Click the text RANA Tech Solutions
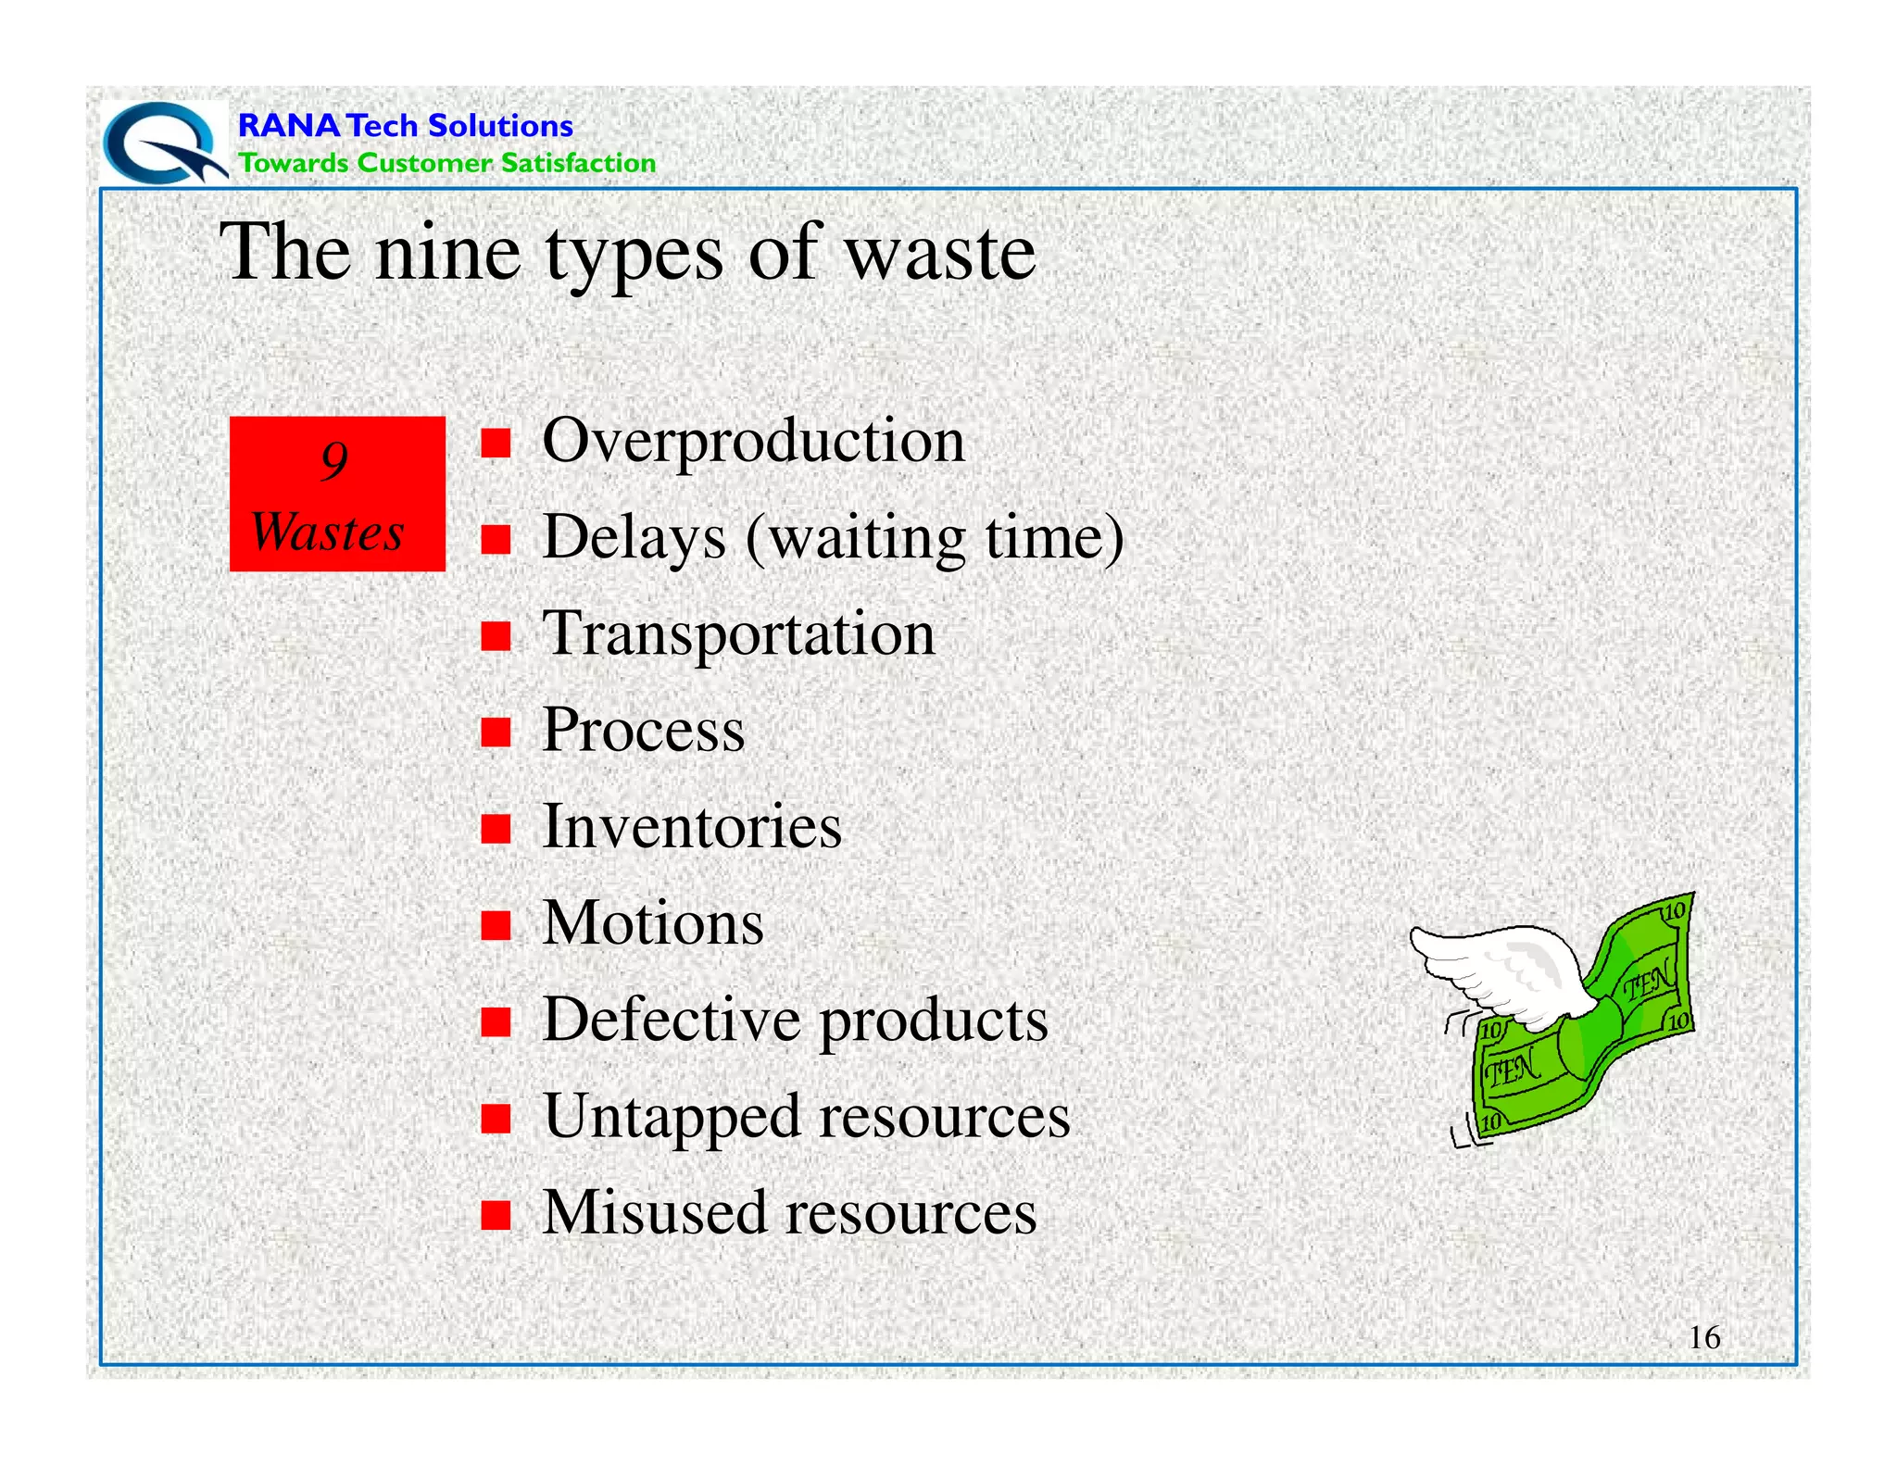point(405,125)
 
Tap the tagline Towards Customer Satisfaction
point(446,163)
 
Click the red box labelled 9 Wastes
point(337,494)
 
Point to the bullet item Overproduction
point(753,441)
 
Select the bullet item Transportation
point(738,634)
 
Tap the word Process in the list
point(643,731)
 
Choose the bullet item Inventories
point(691,826)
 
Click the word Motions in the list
point(653,923)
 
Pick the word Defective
point(672,1020)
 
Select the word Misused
point(654,1212)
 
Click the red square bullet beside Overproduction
point(496,444)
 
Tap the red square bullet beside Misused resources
point(496,1214)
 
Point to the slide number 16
point(1704,1337)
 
